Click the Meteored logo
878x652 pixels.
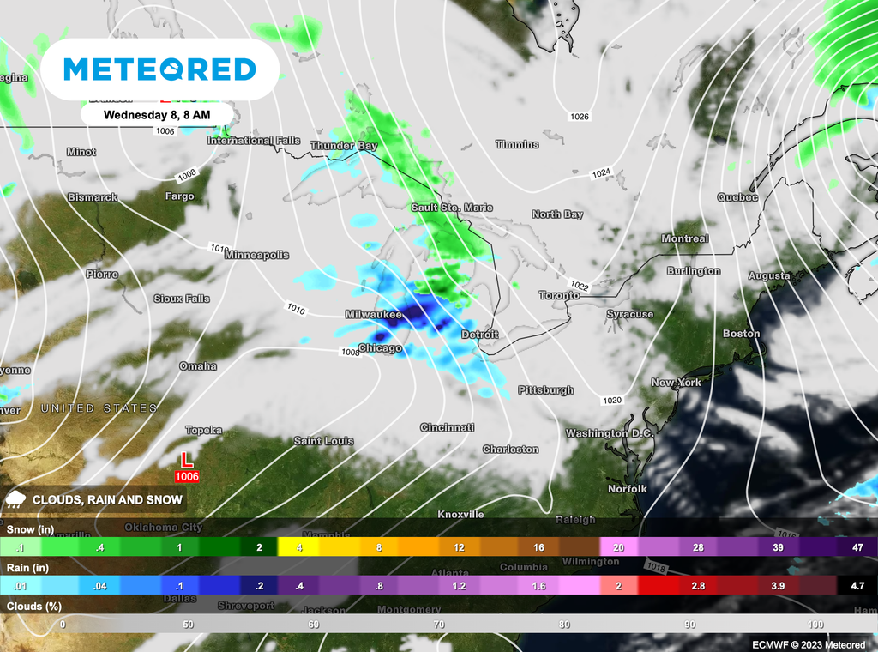point(160,69)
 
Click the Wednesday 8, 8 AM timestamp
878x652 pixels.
point(157,113)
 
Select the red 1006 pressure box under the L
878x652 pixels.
point(187,476)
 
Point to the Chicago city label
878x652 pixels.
point(379,348)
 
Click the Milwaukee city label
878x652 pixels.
point(373,315)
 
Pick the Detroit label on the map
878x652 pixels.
point(480,334)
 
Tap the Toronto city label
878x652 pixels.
point(559,295)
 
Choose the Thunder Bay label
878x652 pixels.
point(343,146)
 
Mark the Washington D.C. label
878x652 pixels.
point(609,433)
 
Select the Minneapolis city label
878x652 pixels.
point(256,255)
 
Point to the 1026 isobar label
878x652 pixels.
point(580,116)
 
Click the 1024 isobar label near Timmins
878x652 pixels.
point(601,173)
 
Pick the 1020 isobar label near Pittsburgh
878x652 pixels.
point(612,401)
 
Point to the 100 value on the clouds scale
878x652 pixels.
point(815,624)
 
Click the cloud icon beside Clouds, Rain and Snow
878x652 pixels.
point(15,498)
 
